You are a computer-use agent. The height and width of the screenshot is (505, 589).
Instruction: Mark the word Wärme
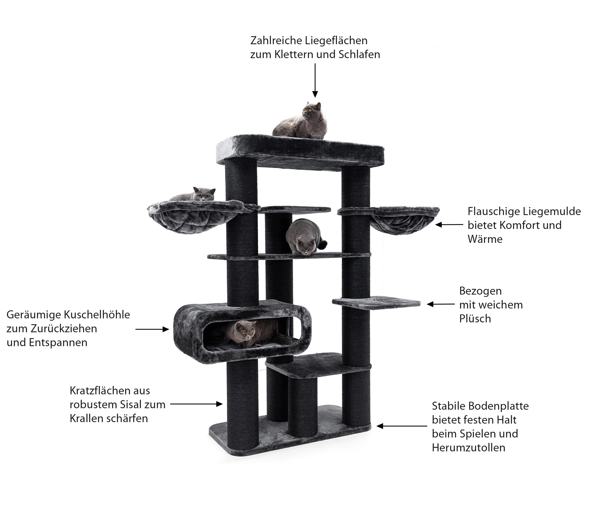(485, 239)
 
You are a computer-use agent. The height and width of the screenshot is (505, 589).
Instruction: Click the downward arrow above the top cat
(315, 80)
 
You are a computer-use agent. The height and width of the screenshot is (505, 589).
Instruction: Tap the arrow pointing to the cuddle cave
(152, 329)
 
